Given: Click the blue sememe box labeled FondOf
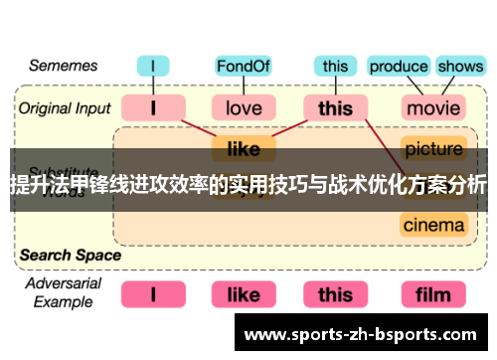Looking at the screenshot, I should [244, 67].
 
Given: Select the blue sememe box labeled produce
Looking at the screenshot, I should [398, 67].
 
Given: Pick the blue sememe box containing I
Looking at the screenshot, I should [153, 67].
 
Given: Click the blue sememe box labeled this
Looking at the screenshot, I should [335, 67].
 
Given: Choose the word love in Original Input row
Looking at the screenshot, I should [244, 106].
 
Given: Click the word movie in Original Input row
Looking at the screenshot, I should [433, 106].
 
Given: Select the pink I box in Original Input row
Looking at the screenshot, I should [153, 106].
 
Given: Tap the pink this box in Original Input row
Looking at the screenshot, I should [335, 106].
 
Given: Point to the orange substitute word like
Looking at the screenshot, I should [244, 149].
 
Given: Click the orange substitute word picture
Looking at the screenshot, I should [433, 149].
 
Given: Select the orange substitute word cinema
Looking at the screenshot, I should [433, 224].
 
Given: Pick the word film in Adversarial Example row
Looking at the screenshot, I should [433, 293].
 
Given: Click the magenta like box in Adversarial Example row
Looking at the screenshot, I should [244, 293].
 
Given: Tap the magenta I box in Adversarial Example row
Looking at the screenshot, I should [153, 293].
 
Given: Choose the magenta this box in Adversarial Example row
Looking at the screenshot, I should [335, 293].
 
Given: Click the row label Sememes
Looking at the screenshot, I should [63, 67].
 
